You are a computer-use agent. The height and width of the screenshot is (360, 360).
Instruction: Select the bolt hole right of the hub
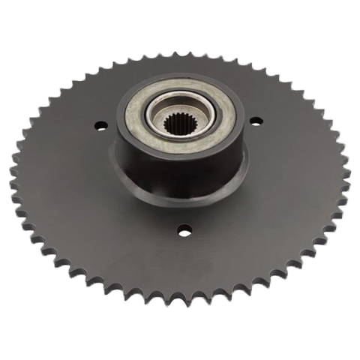tap(255, 120)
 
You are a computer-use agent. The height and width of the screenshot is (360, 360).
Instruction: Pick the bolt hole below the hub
tap(184, 231)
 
